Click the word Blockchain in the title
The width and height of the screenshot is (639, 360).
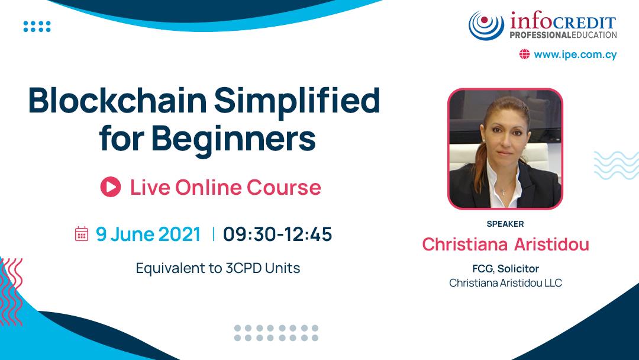(117, 101)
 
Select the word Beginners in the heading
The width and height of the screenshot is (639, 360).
(234, 139)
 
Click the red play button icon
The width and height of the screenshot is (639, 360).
(111, 187)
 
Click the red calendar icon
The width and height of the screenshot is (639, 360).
(82, 234)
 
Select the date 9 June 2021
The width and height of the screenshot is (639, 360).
(148, 234)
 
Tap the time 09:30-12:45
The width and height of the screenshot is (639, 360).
(277, 234)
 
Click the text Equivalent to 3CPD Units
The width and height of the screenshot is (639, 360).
(218, 268)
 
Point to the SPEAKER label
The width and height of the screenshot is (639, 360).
(505, 224)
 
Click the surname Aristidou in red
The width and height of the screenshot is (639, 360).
(552, 245)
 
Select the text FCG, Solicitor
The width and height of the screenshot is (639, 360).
(505, 269)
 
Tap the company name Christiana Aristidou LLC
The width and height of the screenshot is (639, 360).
(505, 283)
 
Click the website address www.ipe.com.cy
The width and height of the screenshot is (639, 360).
(575, 54)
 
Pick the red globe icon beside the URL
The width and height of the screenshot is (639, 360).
(524, 54)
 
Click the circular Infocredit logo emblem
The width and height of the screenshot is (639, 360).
(486, 25)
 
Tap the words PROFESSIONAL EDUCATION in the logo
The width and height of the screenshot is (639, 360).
(563, 35)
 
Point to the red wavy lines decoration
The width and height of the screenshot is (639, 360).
(11, 291)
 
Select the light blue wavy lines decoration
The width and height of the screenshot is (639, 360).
(617, 165)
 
